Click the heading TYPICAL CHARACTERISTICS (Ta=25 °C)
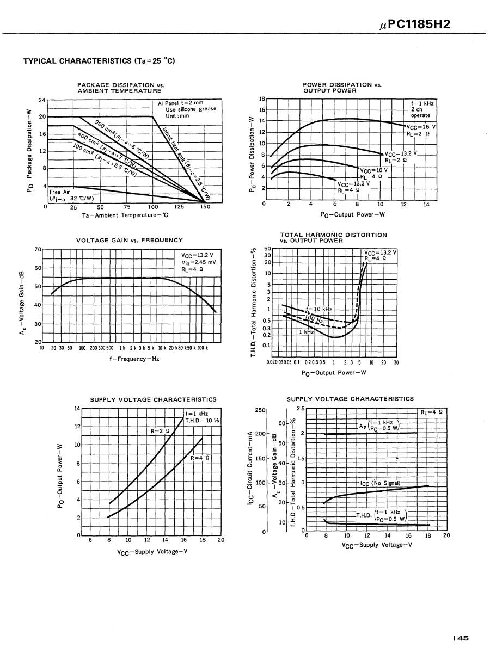99,61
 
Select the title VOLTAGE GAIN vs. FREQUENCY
130,240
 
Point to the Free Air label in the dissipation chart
60,192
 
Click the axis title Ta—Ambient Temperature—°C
126,215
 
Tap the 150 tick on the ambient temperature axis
205,207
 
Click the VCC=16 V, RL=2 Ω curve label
420,130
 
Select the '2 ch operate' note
420,112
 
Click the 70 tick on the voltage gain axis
38,249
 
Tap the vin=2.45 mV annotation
199,262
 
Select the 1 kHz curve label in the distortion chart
306,331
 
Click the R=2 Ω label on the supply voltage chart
160,431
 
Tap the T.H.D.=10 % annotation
202,420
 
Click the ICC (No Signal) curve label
380,483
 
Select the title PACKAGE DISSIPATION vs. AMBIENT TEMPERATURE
120,88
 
